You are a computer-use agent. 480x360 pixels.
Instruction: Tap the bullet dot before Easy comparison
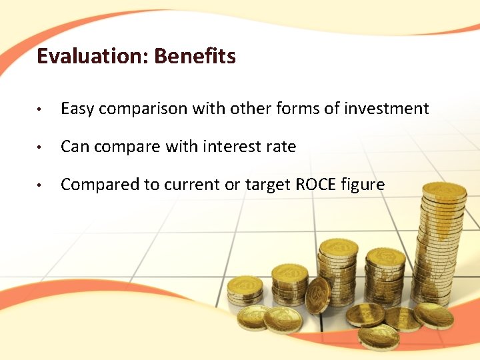point(41,109)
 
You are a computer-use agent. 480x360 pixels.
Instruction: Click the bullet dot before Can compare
point(41,147)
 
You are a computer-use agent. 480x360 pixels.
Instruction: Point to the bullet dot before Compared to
point(41,185)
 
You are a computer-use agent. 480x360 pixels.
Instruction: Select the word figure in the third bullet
point(366,185)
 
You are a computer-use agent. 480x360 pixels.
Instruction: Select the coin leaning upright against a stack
point(317,295)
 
